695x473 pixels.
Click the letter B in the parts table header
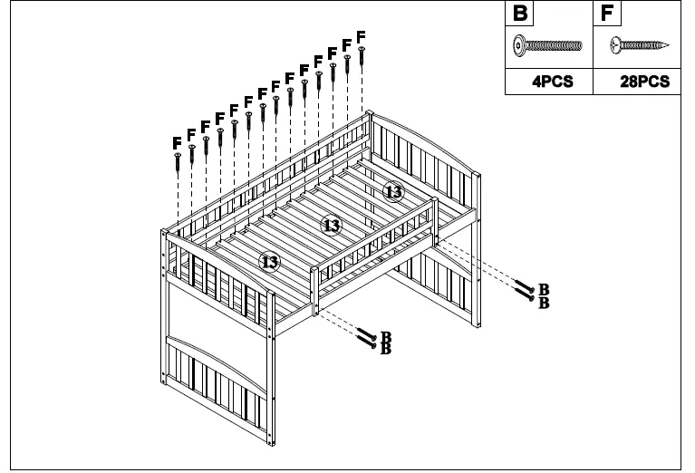point(520,14)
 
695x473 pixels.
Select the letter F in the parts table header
point(607,14)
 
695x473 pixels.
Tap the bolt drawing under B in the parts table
point(548,44)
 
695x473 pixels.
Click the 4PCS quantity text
point(552,82)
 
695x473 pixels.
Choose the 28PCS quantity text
point(644,82)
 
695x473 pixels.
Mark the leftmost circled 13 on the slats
point(269,261)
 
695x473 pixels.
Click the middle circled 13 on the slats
point(332,225)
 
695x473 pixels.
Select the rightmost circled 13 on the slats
point(393,191)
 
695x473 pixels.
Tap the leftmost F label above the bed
point(178,142)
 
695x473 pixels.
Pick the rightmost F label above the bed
point(362,36)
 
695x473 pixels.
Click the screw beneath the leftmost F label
point(179,161)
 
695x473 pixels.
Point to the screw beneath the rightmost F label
point(362,55)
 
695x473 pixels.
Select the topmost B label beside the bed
point(545,289)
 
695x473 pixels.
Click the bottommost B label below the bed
point(385,350)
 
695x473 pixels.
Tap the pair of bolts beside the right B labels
point(526,291)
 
